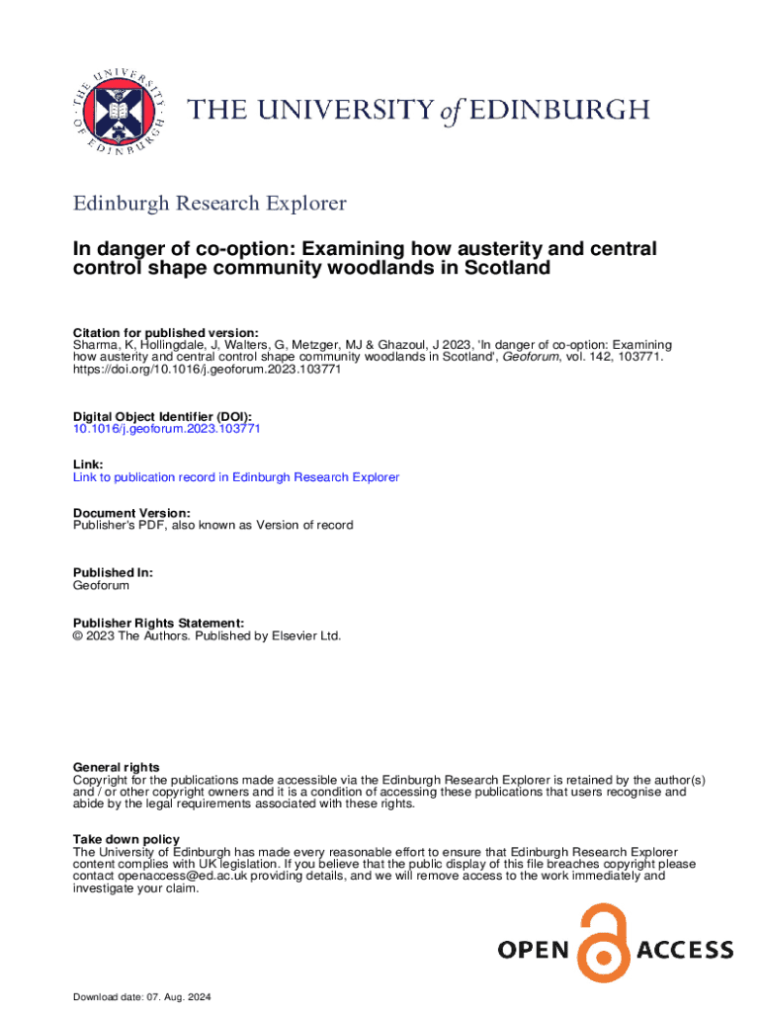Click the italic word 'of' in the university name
(x=452, y=111)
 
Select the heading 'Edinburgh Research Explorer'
(x=211, y=204)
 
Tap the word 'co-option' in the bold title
(x=231, y=248)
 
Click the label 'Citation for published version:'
(x=166, y=332)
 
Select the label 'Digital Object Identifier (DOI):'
(x=163, y=417)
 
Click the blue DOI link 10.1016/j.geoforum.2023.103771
(x=167, y=430)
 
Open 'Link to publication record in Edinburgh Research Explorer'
(x=236, y=477)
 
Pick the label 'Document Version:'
(x=132, y=513)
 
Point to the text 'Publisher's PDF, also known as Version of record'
(x=213, y=525)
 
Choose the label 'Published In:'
(x=114, y=572)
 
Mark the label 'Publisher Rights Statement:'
(x=158, y=623)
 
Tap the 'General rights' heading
(x=117, y=768)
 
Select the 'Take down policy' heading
(x=127, y=839)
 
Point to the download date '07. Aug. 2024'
(x=186, y=996)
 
